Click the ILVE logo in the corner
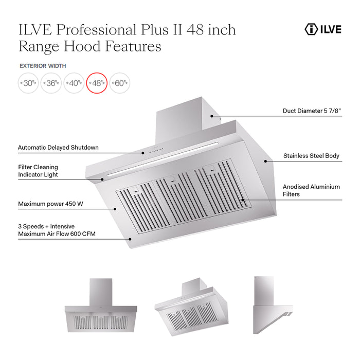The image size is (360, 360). [322, 29]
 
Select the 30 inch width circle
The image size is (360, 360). [28, 83]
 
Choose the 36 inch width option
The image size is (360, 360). [51, 83]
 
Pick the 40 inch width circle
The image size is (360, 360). [74, 83]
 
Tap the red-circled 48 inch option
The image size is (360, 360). [97, 83]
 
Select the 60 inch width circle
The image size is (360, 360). [119, 83]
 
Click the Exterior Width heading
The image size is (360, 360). [43, 66]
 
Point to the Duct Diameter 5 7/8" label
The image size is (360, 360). [312, 111]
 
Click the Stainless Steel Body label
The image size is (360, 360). [311, 155]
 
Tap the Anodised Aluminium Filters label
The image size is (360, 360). [311, 191]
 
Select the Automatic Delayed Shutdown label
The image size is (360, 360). [58, 148]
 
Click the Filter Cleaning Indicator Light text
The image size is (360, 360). [38, 171]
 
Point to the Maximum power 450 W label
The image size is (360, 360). [50, 204]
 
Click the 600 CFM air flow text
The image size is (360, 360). [57, 235]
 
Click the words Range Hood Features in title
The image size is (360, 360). [89, 46]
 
